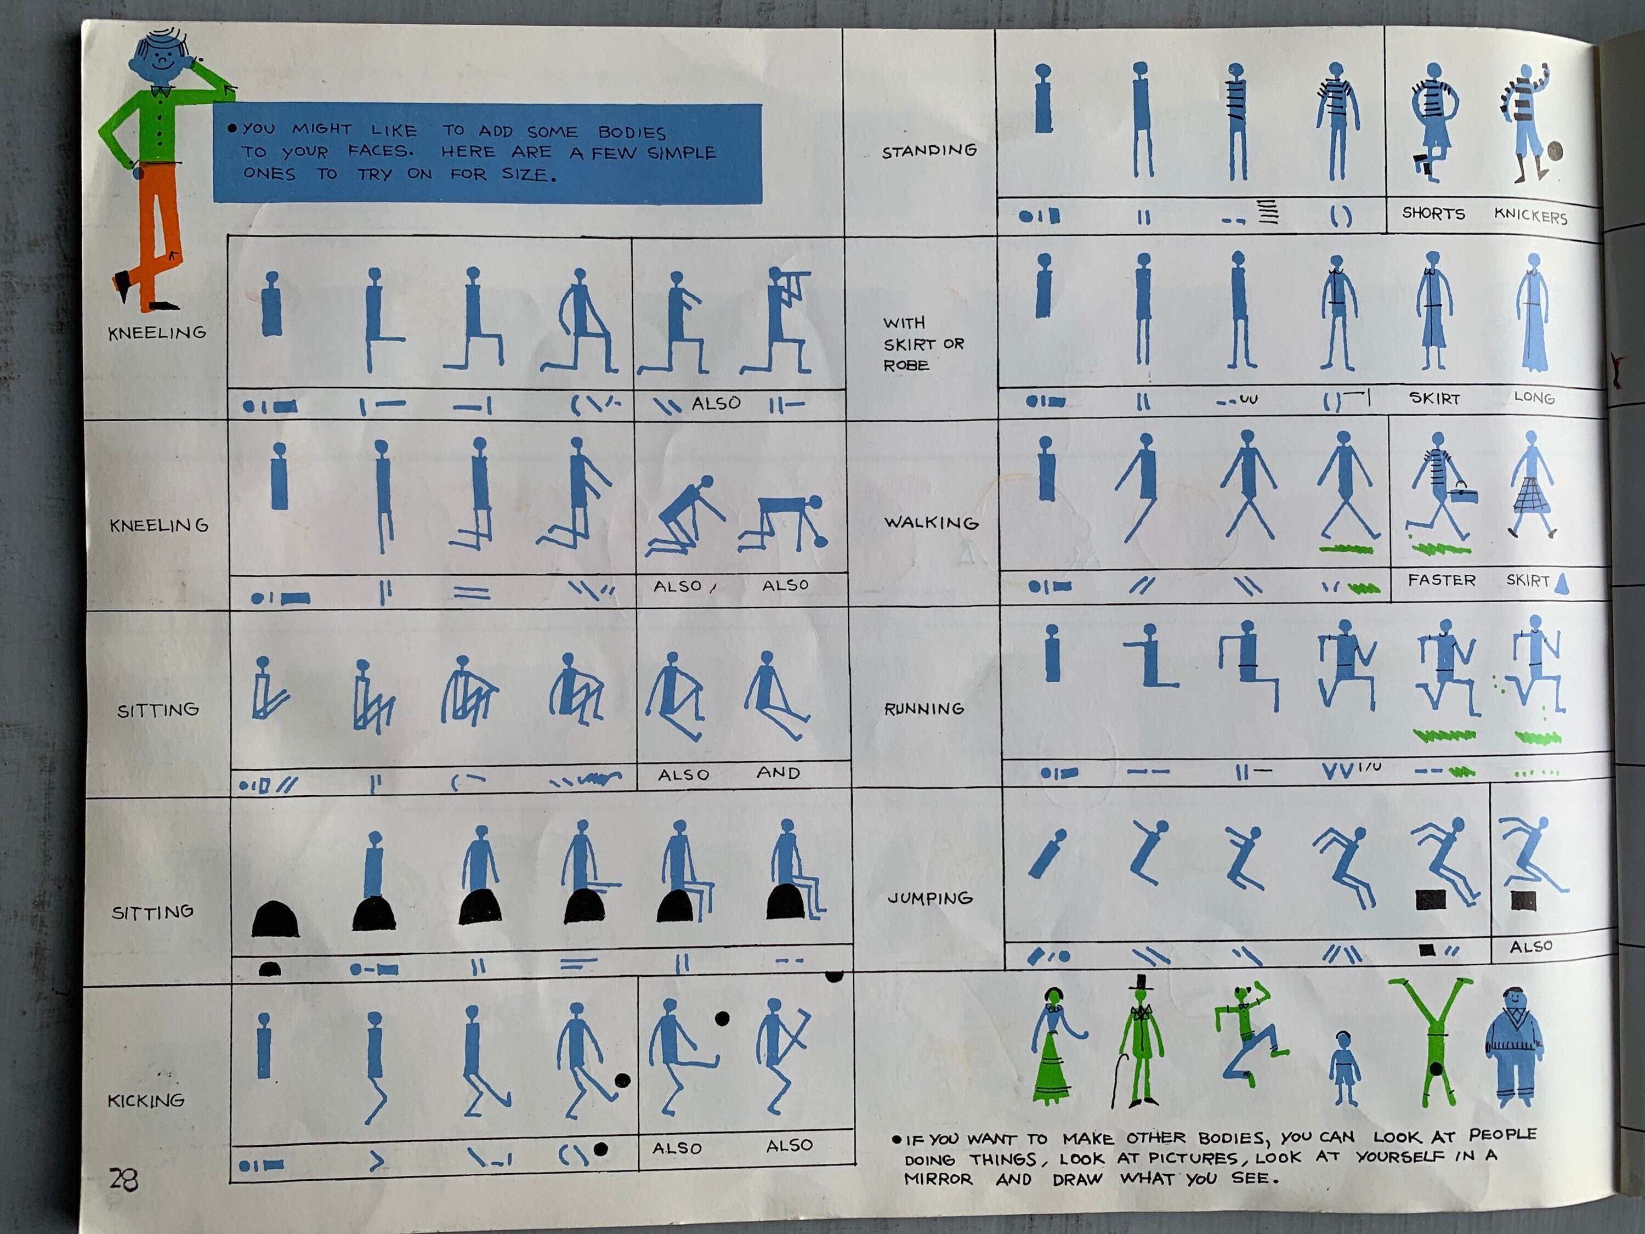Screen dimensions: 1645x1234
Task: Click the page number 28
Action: click(123, 1179)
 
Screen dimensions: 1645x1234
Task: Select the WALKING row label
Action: click(931, 522)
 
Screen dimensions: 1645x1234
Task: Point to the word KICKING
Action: click(146, 1100)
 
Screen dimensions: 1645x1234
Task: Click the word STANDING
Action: click(929, 151)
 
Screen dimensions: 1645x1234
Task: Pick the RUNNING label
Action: click(923, 709)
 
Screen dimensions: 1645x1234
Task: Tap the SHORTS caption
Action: click(1433, 213)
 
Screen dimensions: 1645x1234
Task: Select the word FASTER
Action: click(1441, 580)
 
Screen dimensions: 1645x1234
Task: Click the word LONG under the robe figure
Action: click(1534, 397)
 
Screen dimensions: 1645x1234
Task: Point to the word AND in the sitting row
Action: click(778, 773)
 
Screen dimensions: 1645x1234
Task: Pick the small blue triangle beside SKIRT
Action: click(1562, 582)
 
